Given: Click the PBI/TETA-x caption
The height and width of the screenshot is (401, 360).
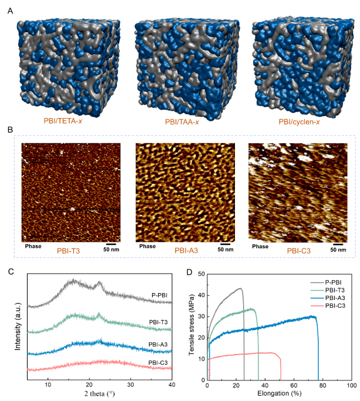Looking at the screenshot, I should [65, 122].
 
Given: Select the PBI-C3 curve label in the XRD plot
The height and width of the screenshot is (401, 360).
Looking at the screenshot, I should [159, 363].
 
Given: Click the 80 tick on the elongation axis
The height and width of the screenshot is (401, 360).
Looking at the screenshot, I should [322, 385].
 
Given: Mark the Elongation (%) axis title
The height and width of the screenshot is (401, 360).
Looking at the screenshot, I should [279, 393].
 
